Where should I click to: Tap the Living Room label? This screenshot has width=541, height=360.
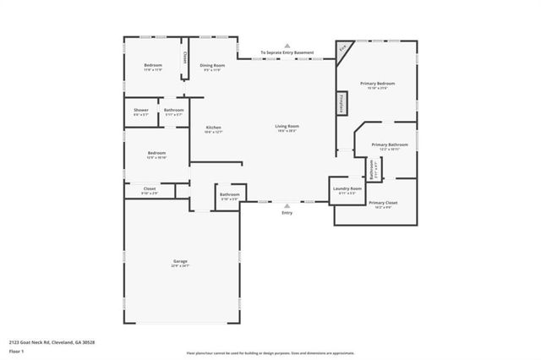(x=287, y=127)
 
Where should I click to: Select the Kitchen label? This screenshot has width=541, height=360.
(x=213, y=128)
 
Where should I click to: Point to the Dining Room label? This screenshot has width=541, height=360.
(x=212, y=65)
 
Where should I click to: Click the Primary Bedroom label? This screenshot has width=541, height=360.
(x=377, y=84)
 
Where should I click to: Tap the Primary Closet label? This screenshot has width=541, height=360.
(x=383, y=204)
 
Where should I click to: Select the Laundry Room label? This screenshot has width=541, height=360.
(x=347, y=189)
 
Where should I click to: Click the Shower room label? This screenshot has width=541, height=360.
(x=140, y=111)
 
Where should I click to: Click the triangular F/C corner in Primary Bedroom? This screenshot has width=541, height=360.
(x=342, y=49)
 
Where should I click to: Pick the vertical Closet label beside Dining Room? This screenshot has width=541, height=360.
(x=185, y=58)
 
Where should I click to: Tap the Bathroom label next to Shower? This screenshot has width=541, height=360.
(x=174, y=111)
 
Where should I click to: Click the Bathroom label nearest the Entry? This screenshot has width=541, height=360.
(x=229, y=195)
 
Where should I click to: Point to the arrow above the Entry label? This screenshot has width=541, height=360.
(x=287, y=205)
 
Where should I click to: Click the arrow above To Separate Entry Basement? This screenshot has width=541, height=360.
(x=287, y=46)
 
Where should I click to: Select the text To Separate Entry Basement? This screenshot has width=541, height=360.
(x=287, y=53)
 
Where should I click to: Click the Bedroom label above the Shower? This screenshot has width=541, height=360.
(x=152, y=66)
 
